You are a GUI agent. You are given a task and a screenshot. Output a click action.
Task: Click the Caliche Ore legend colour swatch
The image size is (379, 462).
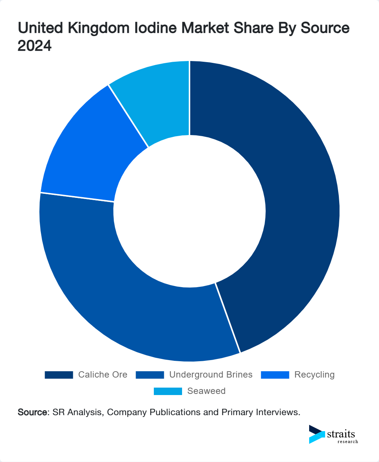(59, 375)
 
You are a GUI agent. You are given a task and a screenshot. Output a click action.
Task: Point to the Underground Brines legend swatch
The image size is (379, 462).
(150, 375)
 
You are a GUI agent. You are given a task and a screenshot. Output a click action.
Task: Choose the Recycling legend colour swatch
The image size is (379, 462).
(275, 375)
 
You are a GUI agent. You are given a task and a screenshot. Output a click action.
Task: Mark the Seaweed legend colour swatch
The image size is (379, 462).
(168, 391)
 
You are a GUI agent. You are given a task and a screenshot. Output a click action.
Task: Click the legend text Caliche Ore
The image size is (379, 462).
(103, 375)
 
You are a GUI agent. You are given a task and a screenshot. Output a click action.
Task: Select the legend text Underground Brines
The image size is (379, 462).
(211, 375)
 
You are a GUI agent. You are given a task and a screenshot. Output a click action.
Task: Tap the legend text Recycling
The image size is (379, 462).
(314, 375)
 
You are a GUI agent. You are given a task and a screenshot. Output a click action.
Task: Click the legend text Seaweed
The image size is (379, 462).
(206, 391)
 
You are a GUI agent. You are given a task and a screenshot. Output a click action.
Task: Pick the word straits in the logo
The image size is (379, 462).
(341, 434)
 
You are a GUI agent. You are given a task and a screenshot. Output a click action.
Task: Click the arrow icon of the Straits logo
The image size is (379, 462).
(317, 434)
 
